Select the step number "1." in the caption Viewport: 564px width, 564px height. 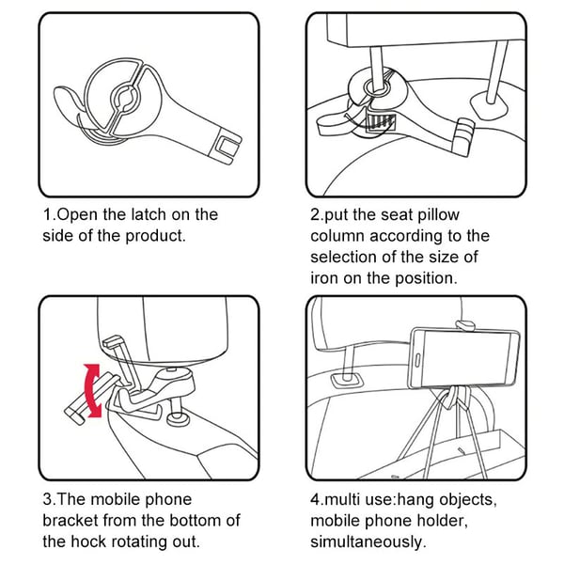(x=50, y=214)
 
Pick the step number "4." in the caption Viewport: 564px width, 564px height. (x=318, y=499)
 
